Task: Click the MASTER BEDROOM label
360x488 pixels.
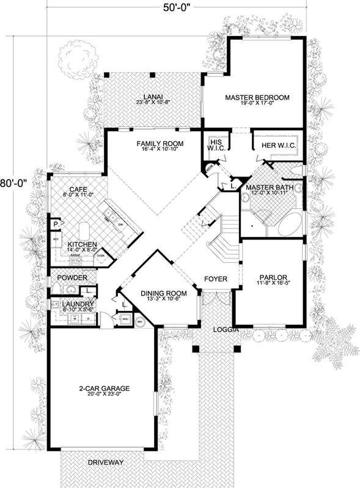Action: pos(257,97)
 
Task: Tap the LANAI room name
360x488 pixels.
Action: pos(153,96)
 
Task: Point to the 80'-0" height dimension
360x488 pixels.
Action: pos(13,183)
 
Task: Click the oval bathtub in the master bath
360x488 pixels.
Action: pos(287,224)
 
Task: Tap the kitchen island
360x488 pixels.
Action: pos(85,230)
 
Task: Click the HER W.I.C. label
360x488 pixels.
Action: pos(278,145)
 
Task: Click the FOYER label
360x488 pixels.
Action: pos(215,279)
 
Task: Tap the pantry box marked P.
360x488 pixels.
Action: pos(55,224)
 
